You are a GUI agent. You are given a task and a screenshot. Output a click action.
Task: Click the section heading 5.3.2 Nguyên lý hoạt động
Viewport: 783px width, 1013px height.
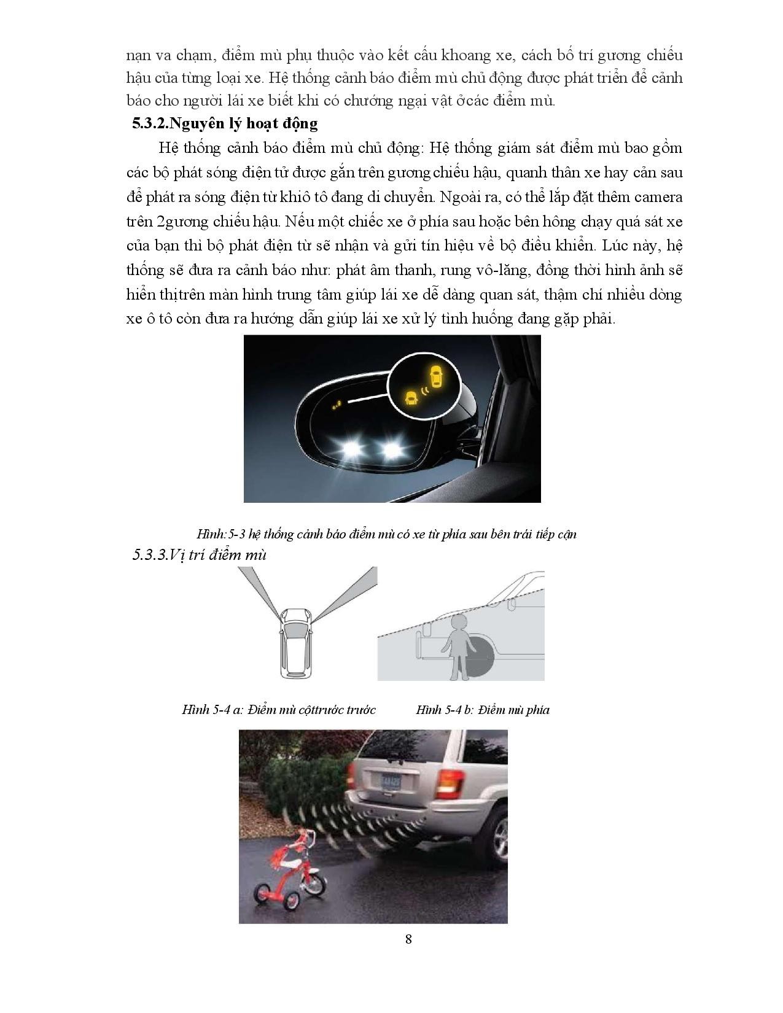(225, 123)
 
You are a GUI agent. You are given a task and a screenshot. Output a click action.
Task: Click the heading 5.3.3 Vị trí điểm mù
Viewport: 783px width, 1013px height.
(200, 555)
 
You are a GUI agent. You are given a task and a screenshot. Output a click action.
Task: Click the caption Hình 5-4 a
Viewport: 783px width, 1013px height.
(278, 710)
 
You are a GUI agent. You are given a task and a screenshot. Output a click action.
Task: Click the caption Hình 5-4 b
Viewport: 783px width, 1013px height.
(482, 710)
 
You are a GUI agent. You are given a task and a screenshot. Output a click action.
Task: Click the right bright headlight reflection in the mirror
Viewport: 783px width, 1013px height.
(391, 450)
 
